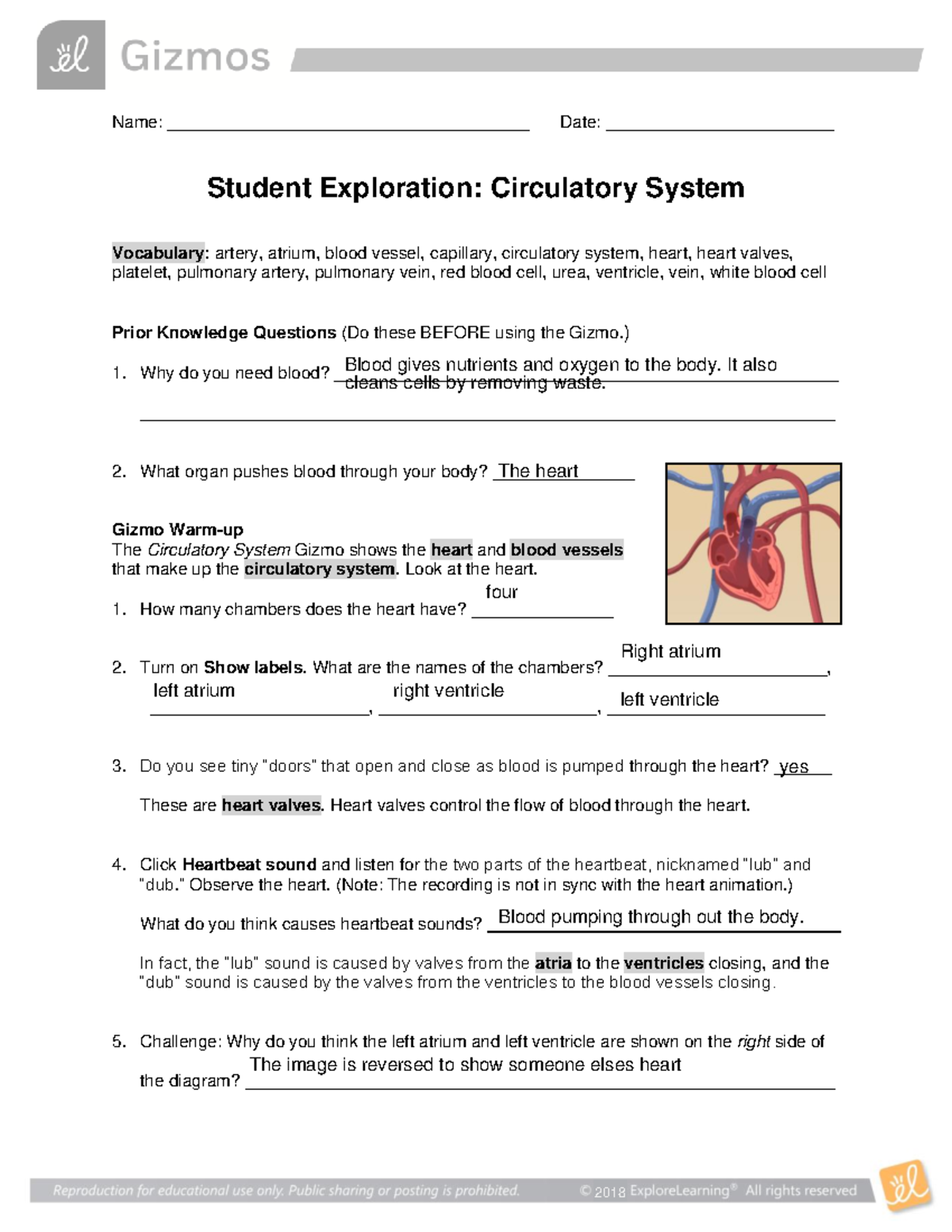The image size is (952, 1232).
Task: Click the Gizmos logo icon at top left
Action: [x=71, y=56]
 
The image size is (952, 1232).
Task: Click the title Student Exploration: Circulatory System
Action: [x=475, y=188]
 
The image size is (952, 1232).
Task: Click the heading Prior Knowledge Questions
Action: [x=224, y=332]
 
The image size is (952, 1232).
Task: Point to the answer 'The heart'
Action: [x=537, y=471]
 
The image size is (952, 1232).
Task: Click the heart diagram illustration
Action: [x=753, y=543]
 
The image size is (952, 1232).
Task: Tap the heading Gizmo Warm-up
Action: [x=178, y=529]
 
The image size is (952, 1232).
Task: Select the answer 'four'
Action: [x=501, y=592]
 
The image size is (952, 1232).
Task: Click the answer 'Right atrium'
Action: [x=670, y=651]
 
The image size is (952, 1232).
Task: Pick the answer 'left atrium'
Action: [x=194, y=691]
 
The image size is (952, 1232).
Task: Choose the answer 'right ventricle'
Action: [x=448, y=691]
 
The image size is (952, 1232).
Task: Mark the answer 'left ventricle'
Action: [x=670, y=700]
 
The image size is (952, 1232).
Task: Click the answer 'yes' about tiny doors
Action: [x=793, y=767]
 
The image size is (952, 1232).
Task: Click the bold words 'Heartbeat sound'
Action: [x=249, y=865]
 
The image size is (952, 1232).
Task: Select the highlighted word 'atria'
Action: [x=553, y=963]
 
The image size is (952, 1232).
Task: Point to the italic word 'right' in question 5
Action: [x=754, y=1042]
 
